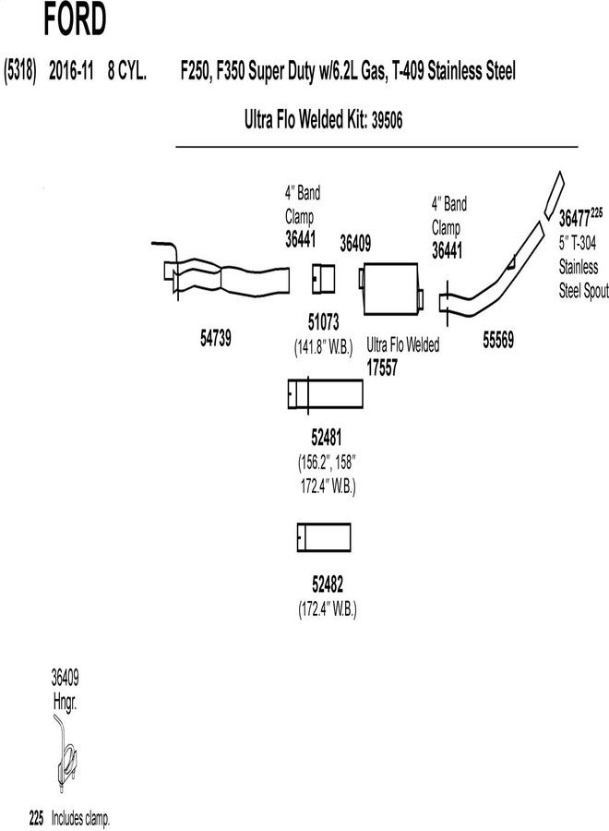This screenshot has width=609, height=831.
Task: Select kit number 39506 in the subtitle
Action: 387,119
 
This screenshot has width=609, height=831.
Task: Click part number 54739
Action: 215,338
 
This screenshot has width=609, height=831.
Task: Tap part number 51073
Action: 323,322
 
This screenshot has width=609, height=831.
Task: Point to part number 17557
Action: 383,367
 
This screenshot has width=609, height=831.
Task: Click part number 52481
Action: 325,434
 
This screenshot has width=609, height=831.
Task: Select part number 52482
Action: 327,584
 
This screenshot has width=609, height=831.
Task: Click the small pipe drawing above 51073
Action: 323,276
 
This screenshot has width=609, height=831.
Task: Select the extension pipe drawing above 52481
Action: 326,394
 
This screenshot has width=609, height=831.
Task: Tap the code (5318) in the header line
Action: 19,70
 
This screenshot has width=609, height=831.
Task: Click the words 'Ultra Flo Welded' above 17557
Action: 403,344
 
